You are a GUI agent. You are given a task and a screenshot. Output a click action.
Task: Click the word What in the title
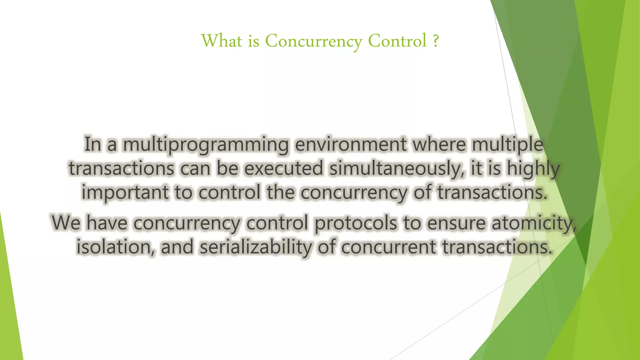point(222,41)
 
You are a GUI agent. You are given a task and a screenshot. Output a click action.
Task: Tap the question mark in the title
point(436,41)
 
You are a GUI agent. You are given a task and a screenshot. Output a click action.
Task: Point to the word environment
point(351,144)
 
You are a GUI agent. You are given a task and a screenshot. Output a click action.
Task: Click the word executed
point(283,168)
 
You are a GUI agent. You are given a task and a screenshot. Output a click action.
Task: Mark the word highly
point(533,169)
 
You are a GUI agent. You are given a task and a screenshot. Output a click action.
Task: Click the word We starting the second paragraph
point(67,223)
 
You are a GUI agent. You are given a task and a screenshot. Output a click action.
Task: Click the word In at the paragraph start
point(92,144)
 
